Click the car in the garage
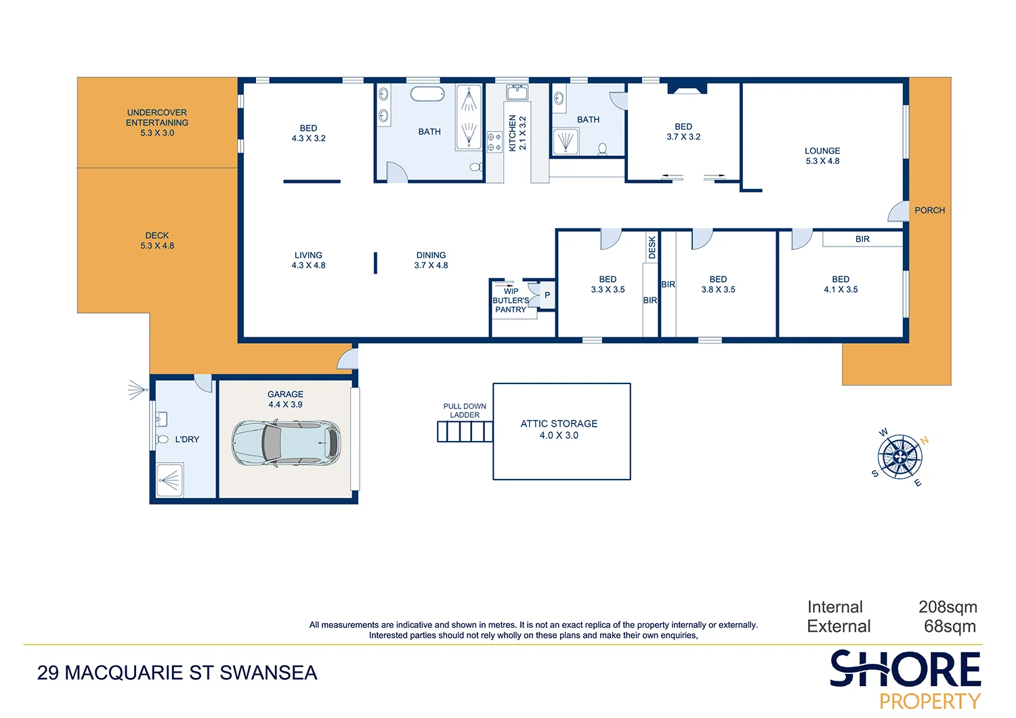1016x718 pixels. tap(286, 443)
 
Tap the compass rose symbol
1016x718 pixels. tap(899, 457)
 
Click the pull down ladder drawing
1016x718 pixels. tap(465, 431)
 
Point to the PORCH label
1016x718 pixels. tap(929, 211)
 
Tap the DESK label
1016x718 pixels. tap(652, 247)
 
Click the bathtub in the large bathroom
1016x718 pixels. tap(427, 94)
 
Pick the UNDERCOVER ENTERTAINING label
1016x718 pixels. tap(157, 123)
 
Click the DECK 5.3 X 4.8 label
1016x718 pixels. tap(157, 240)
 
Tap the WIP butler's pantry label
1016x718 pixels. tap(511, 301)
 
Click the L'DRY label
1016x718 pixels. tap(187, 440)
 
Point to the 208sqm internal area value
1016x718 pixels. tap(948, 607)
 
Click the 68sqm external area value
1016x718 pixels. tap(950, 627)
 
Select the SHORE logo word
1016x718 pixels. tap(905, 669)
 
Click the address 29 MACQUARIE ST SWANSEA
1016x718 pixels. tap(177, 673)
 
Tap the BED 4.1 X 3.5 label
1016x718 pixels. tap(841, 284)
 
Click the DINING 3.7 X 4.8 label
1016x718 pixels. tap(431, 260)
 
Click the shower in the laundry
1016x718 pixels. tap(169, 480)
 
